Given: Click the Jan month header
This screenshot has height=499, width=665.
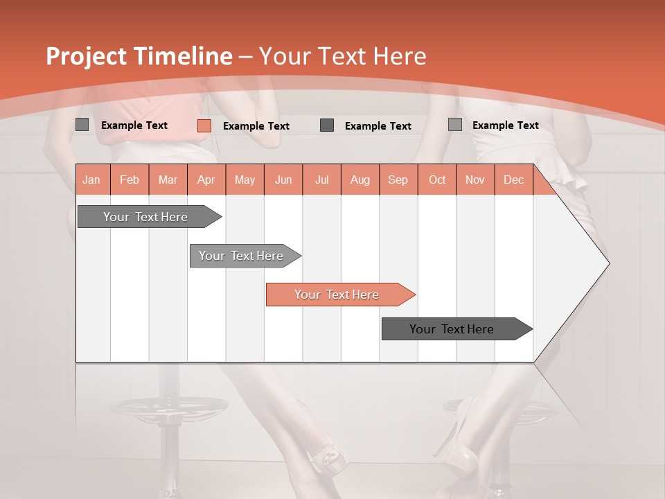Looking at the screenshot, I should [x=91, y=180].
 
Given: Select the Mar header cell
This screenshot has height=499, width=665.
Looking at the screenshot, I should [x=168, y=180].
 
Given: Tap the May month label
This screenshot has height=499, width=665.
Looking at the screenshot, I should [x=245, y=180].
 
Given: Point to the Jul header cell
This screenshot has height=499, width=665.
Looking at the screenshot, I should [x=321, y=180].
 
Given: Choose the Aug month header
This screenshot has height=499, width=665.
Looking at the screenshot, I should [x=360, y=180].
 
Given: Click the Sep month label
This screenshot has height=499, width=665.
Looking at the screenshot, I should [x=398, y=180].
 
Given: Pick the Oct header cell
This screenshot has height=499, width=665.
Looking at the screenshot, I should [x=437, y=180].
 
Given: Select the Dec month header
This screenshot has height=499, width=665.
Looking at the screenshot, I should [x=513, y=180].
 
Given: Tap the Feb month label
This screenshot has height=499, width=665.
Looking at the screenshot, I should [x=130, y=180].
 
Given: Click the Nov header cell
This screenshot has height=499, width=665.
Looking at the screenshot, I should [x=475, y=180].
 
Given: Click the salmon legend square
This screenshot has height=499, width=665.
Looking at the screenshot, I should [x=204, y=125].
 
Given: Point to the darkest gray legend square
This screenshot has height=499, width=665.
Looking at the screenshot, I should [x=327, y=125].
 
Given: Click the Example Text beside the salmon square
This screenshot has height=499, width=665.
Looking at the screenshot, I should [x=256, y=126].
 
